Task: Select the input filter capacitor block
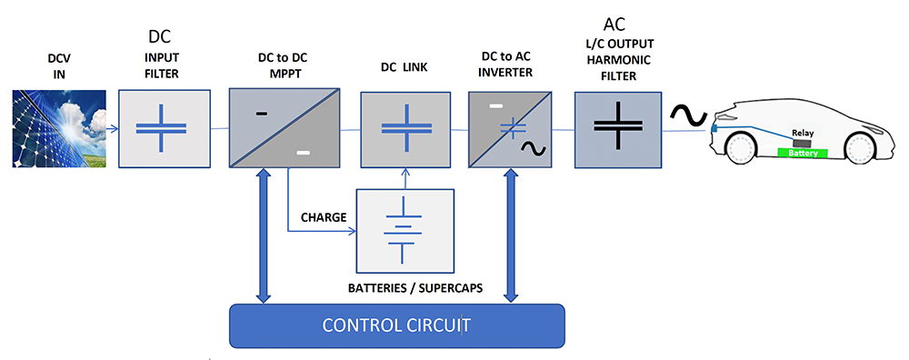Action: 173,128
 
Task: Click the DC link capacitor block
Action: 394,128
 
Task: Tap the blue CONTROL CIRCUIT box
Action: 395,325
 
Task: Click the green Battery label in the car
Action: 803,154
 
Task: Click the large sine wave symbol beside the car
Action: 687,115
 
